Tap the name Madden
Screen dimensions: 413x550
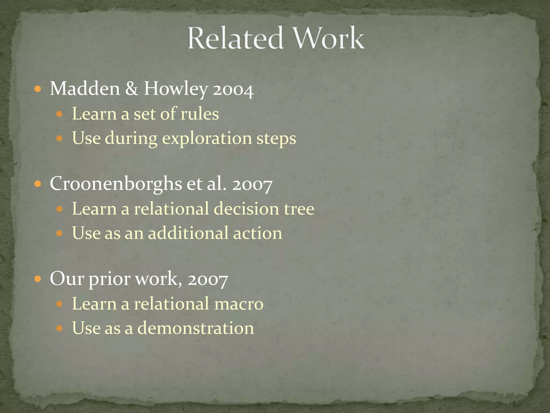click(x=85, y=88)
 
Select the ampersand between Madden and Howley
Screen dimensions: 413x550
click(x=132, y=88)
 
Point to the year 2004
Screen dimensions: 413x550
click(x=233, y=90)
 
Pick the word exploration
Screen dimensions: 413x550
click(x=207, y=138)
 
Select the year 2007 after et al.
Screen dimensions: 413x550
click(x=252, y=185)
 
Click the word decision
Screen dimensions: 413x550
click(x=246, y=209)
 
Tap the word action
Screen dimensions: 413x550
click(x=258, y=233)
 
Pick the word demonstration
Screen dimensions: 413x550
click(x=196, y=328)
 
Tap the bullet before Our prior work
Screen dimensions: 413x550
click(x=38, y=279)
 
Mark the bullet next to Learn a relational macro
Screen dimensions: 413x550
click(x=59, y=304)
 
